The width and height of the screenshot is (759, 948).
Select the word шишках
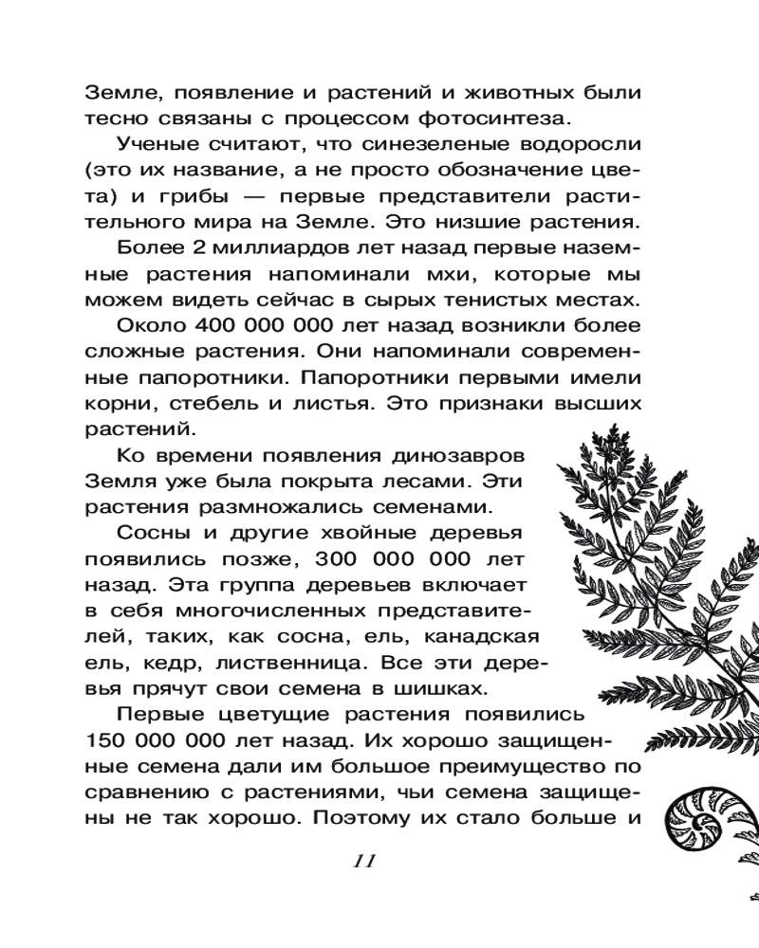458,686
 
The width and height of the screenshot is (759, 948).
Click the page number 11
364,861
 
